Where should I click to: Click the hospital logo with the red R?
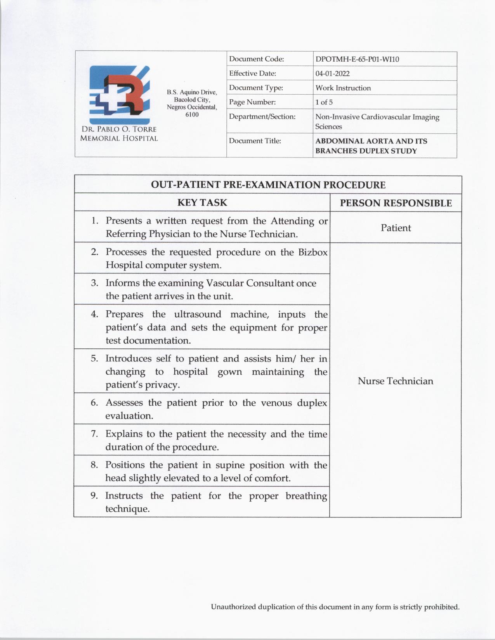point(119,95)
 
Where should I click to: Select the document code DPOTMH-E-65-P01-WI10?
point(357,59)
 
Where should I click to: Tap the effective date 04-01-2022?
point(332,74)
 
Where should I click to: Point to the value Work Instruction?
point(343,88)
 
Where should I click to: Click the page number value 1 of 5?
point(324,102)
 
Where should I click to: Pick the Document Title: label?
point(255,141)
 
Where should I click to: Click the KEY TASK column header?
point(202,202)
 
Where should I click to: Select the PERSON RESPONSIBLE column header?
point(396,203)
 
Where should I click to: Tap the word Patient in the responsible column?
point(396,228)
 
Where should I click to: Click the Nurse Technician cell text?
point(395,381)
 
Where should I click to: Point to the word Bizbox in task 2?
point(313,252)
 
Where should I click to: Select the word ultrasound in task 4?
point(197,314)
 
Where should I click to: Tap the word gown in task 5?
point(229,372)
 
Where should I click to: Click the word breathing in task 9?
point(306,496)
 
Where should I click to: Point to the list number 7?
point(94,434)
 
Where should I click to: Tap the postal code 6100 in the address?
point(192,115)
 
